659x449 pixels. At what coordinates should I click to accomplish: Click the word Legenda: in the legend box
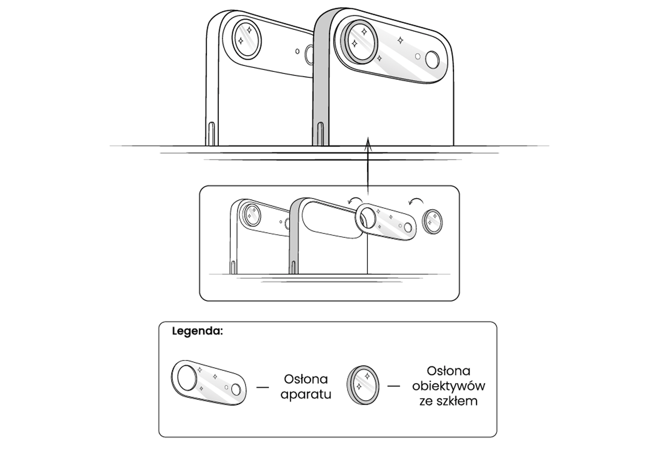(x=197, y=331)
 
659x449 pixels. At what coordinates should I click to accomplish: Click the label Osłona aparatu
(x=305, y=387)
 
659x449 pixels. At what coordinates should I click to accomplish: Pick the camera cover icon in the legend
(x=209, y=383)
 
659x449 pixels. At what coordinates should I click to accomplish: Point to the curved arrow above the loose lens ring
(x=417, y=200)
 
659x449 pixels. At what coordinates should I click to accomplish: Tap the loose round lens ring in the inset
(x=432, y=222)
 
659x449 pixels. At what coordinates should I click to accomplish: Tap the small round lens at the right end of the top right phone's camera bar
(x=432, y=60)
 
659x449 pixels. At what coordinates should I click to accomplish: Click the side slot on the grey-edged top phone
(x=320, y=133)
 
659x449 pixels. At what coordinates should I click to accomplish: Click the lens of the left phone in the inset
(x=252, y=214)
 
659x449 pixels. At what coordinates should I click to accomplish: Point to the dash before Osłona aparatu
(x=263, y=386)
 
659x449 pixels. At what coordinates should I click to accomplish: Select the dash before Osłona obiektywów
(x=394, y=386)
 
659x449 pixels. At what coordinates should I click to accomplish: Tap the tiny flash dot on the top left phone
(x=297, y=51)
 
